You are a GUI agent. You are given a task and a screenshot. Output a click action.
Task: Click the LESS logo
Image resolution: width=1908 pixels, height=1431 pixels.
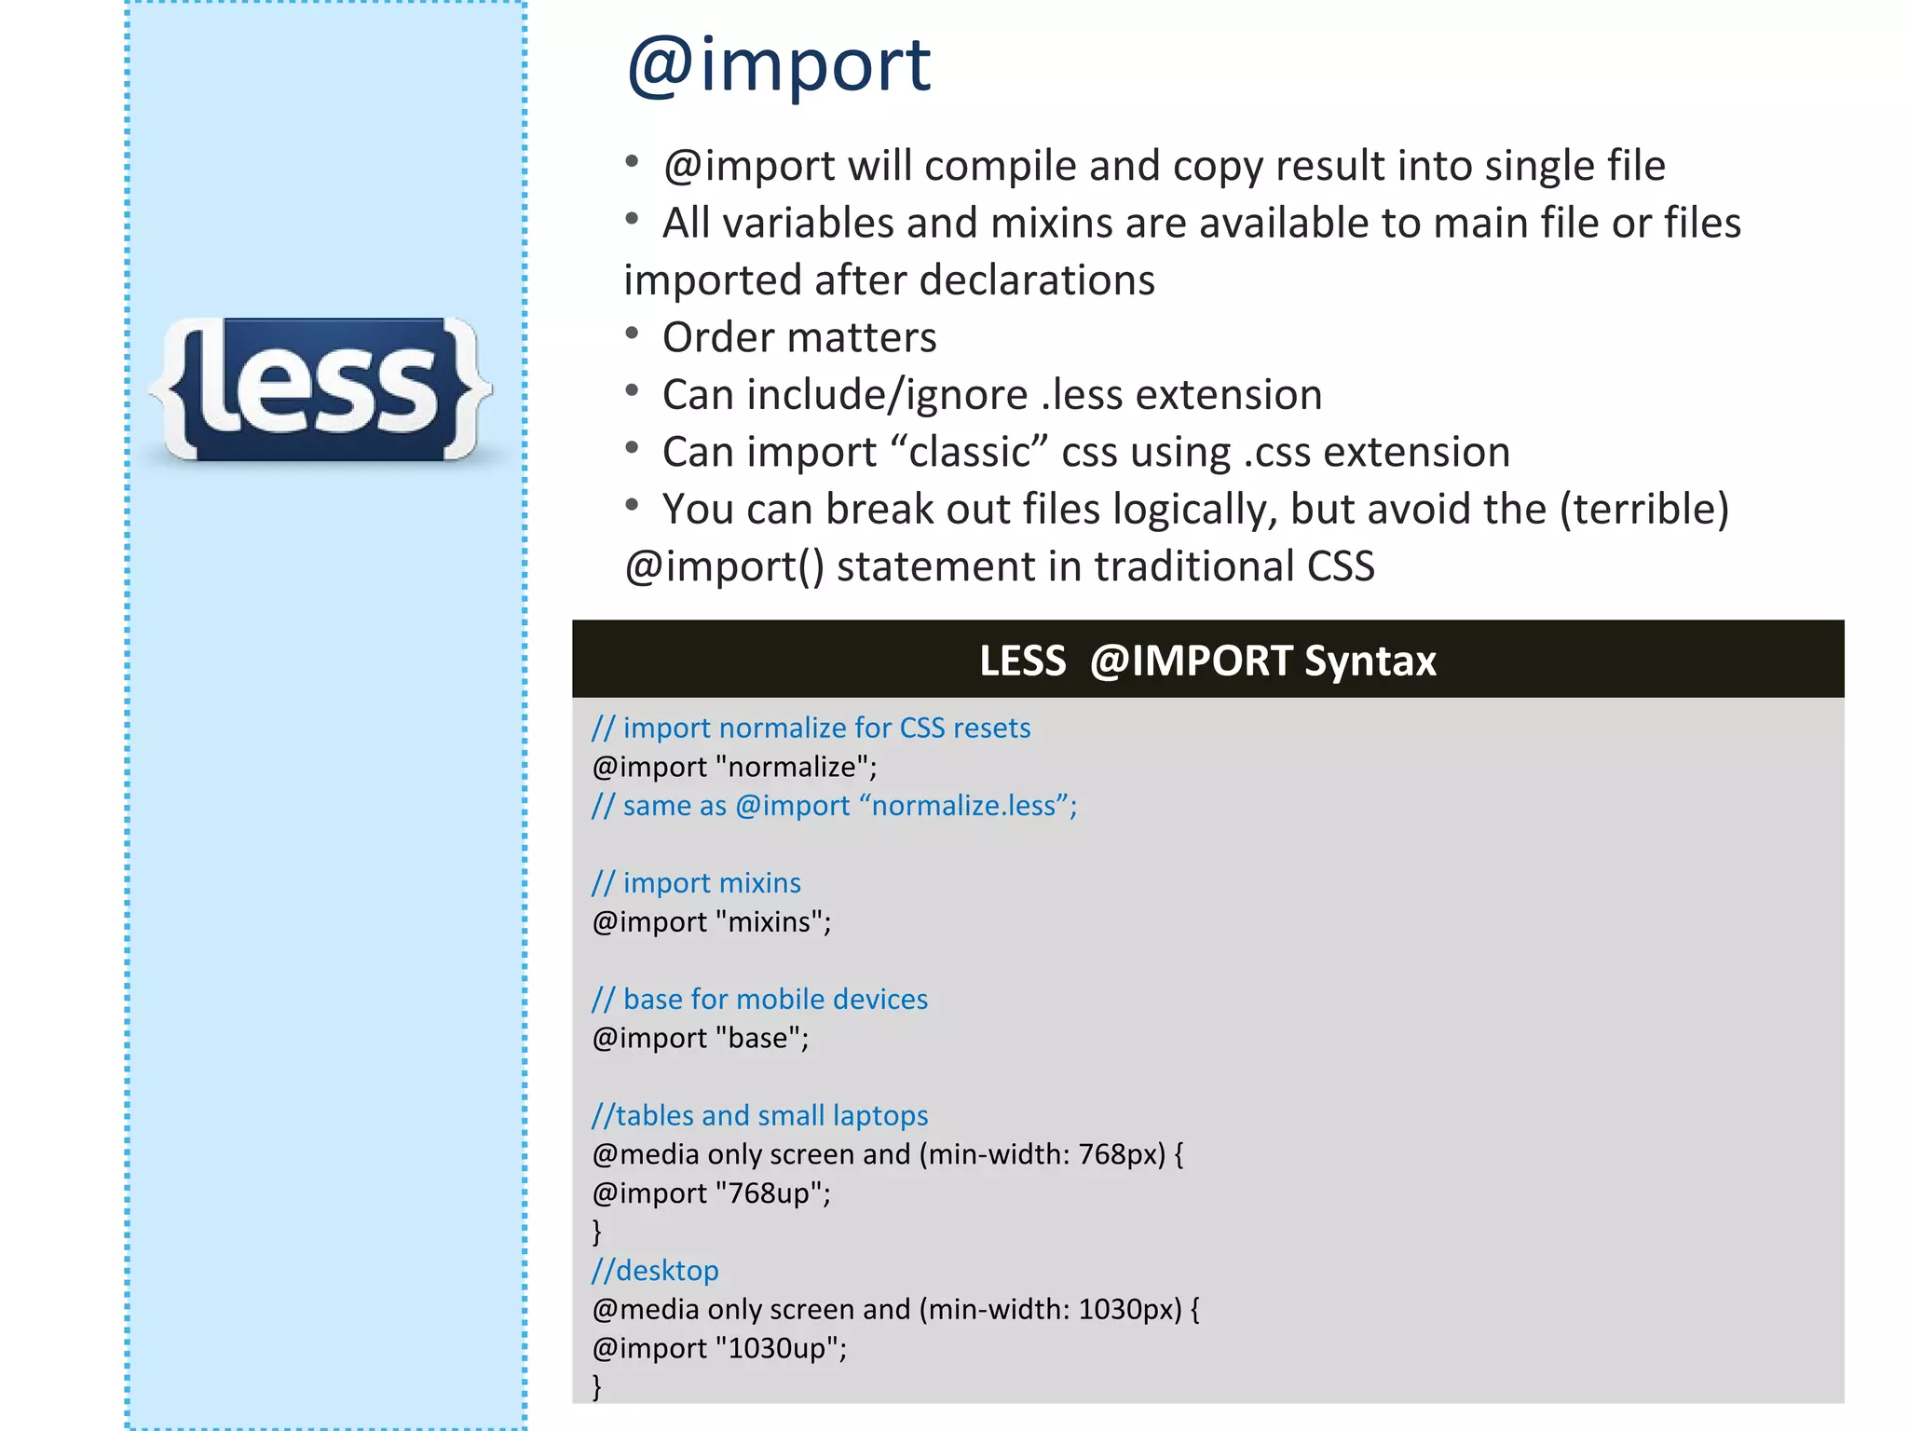(x=320, y=389)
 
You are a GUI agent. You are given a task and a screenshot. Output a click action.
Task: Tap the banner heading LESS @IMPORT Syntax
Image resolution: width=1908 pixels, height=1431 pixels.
(x=1207, y=661)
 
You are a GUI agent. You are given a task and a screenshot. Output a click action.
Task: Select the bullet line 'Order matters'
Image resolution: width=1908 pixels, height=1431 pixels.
(x=798, y=337)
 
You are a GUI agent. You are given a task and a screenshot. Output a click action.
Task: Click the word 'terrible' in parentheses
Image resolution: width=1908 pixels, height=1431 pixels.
(x=1644, y=510)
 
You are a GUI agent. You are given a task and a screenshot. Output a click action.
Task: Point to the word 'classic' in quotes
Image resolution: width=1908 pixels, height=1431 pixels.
(x=969, y=453)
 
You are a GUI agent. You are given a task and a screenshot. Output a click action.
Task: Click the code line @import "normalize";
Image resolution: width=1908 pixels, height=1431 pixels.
(x=734, y=767)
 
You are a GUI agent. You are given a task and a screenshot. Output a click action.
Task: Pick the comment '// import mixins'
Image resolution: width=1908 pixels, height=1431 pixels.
(x=696, y=882)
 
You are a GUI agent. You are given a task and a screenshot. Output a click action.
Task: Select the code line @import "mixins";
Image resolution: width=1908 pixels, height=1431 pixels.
(x=712, y=921)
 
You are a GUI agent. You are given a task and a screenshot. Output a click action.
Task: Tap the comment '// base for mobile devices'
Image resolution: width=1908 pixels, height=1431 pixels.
(x=759, y=999)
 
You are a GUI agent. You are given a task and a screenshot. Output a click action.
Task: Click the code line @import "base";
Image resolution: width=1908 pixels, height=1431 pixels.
(x=701, y=1038)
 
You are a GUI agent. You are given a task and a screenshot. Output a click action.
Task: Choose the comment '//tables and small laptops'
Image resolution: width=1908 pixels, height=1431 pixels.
(x=759, y=1115)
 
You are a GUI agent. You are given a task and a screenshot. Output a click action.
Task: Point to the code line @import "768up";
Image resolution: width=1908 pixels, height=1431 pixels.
(x=712, y=1193)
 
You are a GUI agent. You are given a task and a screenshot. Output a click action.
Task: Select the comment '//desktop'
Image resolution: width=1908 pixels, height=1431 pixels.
(x=655, y=1271)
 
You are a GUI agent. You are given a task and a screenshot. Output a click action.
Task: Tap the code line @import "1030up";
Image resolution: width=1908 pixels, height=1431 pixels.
(x=719, y=1348)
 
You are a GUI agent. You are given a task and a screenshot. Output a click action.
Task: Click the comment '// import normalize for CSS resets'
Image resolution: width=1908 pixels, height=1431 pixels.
(x=811, y=728)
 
